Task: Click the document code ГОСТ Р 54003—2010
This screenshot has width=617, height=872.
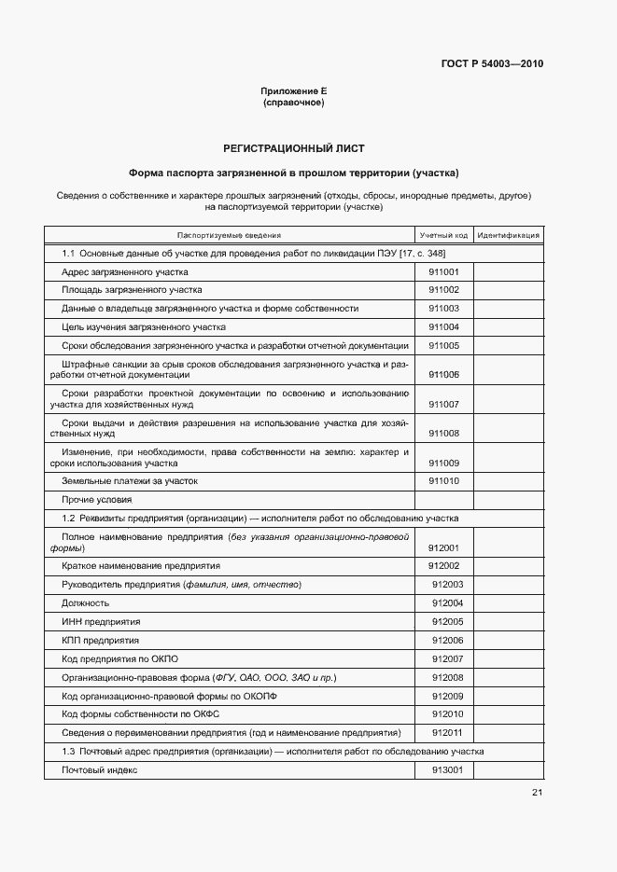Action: tap(492, 64)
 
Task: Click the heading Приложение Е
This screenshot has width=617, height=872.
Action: tap(293, 90)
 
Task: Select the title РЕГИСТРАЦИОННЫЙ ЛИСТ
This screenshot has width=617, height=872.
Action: tap(293, 148)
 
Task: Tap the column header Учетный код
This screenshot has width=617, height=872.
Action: tap(443, 236)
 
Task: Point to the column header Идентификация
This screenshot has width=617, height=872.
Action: tap(508, 236)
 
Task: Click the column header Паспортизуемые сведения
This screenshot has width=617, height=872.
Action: tap(229, 236)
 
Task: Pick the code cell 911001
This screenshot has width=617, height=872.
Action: tap(443, 272)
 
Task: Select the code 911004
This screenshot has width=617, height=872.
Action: tap(443, 327)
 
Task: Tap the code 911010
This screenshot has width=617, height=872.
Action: tap(443, 481)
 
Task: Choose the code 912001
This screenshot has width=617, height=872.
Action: tap(443, 548)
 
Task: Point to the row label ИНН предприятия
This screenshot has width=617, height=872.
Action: tap(101, 621)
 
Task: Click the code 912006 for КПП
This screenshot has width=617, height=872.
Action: tap(447, 640)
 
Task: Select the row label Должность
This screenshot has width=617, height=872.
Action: tap(85, 603)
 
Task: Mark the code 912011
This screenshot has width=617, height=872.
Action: tap(447, 732)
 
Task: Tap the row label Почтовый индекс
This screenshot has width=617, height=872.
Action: tap(100, 770)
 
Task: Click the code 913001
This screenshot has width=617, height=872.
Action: tap(447, 770)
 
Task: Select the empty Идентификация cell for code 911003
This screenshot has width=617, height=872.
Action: tap(508, 309)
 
